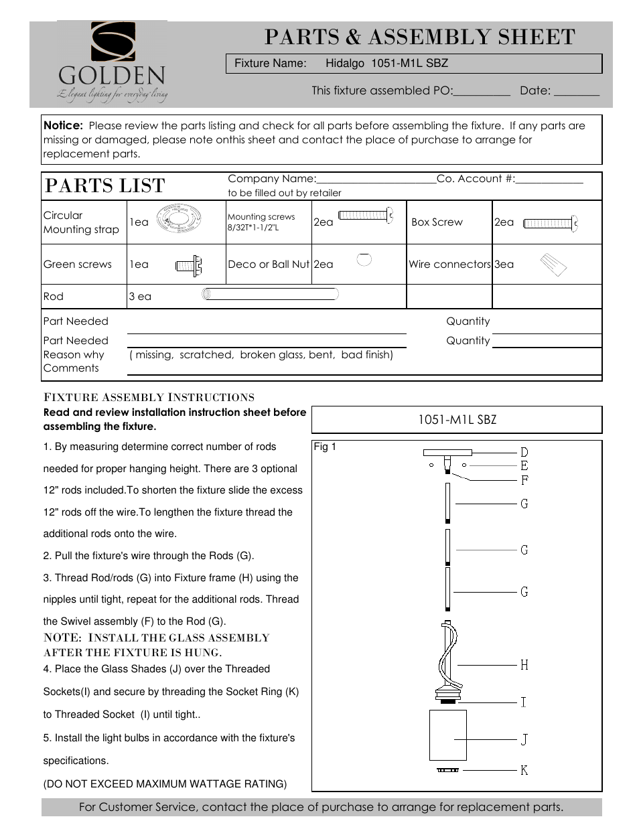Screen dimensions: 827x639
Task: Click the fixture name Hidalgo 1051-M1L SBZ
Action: pos(386,64)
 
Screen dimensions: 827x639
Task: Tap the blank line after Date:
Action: pos(576,92)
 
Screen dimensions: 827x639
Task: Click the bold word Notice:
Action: pos(63,125)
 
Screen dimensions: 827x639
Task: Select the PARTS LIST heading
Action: pos(104,185)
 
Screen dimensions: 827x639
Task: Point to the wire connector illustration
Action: pos(553,264)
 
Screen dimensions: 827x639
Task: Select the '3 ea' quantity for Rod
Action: pos(140,297)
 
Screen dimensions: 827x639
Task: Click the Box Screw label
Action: pos(437,222)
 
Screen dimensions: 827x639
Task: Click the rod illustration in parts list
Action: pos(270,293)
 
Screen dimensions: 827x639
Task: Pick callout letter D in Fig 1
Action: pos(524,453)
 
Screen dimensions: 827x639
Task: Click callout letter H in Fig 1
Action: pos(524,665)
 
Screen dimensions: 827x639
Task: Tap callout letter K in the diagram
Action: pos(524,770)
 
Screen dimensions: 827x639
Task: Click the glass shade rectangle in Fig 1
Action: pos(447,735)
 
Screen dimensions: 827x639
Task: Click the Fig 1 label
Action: pos(325,447)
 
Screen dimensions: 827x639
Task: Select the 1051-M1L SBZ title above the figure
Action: pos(457,420)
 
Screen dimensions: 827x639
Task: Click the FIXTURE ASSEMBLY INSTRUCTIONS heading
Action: pos(149,397)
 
